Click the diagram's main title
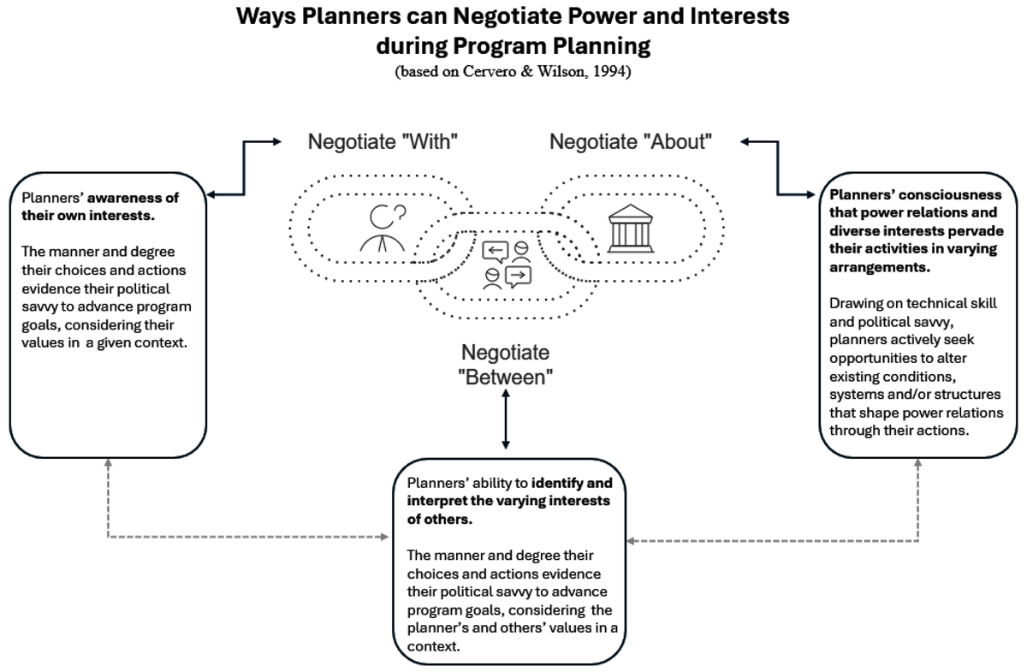513,29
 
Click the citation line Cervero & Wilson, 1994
513,73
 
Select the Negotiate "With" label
383,142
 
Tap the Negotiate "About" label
631,142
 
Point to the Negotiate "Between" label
505,365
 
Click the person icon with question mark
382,227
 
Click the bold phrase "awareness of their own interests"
94,205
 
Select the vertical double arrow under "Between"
506,419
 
